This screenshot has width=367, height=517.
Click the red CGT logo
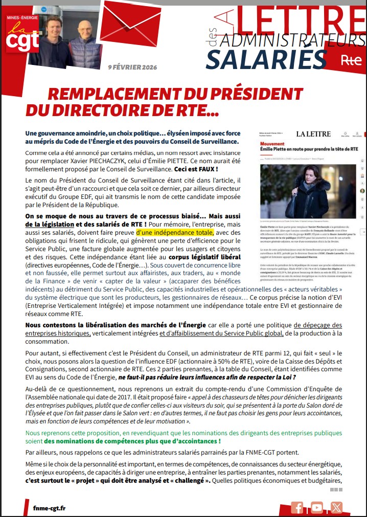pyautogui.click(x=19, y=35)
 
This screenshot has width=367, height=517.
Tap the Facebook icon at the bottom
pyautogui.click(x=297, y=507)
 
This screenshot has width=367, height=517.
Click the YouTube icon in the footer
pyautogui.click(x=317, y=507)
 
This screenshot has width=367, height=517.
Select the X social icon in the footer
pyautogui.click(x=336, y=507)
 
